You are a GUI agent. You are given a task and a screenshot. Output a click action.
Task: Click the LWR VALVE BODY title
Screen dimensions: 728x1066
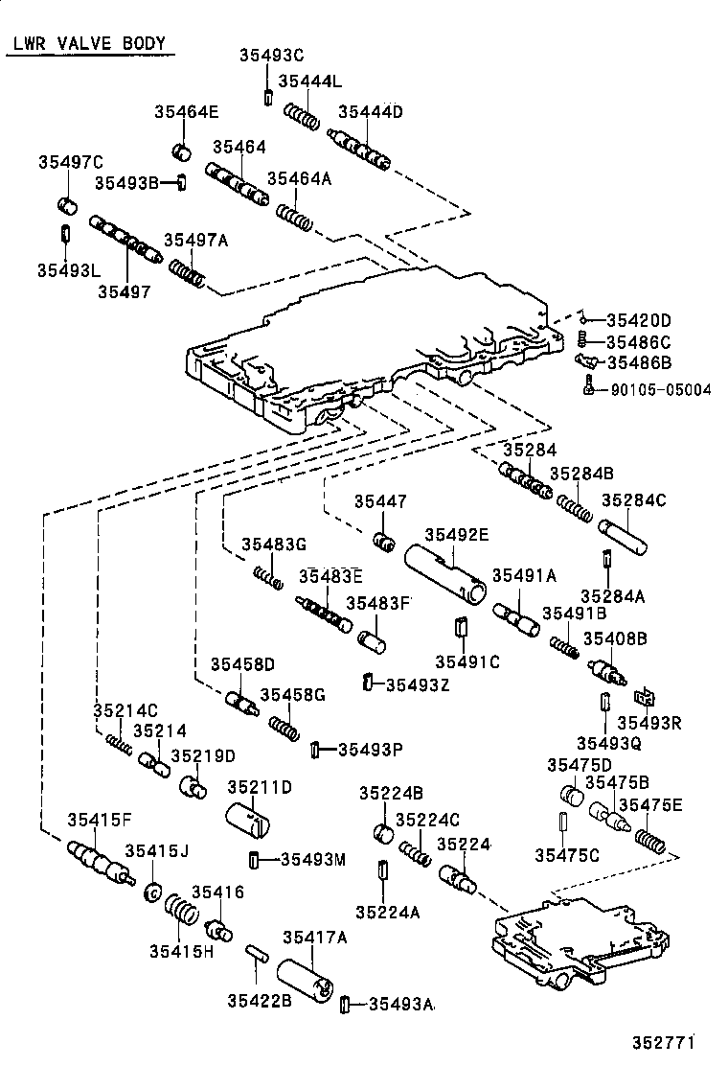(x=90, y=44)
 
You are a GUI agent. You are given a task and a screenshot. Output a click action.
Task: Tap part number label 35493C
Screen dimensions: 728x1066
(x=271, y=55)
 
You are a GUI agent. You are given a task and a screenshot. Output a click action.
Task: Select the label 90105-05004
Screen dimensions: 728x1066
(x=661, y=389)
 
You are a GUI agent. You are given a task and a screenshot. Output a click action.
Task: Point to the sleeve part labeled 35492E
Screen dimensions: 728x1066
(x=445, y=574)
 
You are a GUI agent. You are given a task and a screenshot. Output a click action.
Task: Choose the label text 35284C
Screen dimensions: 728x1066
(x=633, y=500)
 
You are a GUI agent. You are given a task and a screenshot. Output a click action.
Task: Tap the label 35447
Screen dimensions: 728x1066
(x=380, y=501)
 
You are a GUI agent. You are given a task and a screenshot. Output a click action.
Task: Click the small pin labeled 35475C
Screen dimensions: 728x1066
(x=563, y=825)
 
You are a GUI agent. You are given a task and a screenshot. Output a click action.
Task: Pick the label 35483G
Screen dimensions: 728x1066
(x=274, y=544)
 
